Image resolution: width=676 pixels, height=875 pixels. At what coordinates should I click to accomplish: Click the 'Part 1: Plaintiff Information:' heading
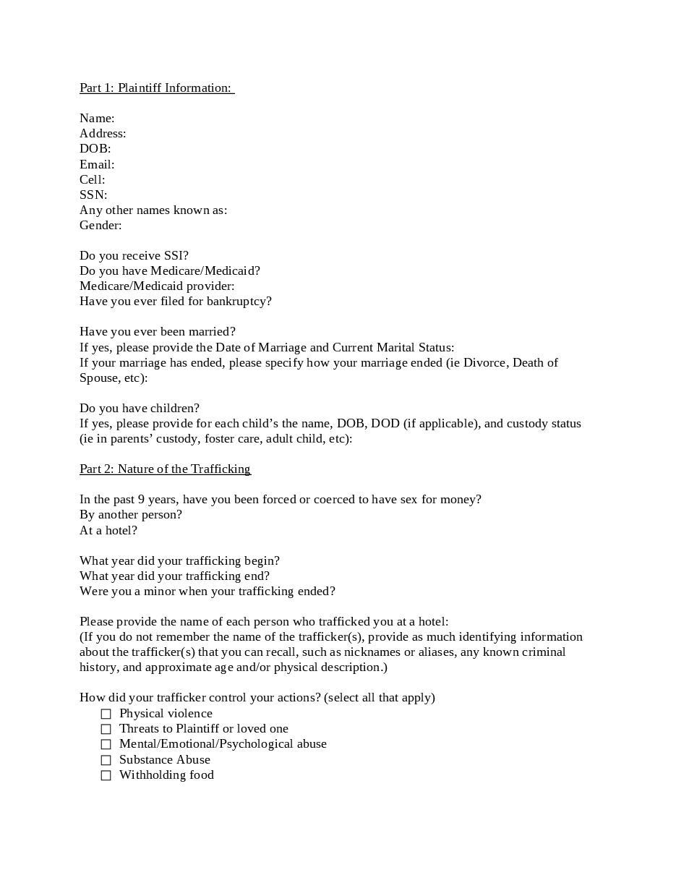156,87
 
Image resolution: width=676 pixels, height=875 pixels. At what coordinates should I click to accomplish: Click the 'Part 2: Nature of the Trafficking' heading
165,469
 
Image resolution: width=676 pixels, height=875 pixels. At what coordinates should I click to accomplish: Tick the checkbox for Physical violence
106,714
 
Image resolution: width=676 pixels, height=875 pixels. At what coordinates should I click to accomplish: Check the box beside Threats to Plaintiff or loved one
106,729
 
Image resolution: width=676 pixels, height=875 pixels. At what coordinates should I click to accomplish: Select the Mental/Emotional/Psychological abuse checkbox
106,744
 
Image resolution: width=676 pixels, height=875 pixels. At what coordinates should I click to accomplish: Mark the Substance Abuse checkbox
106,760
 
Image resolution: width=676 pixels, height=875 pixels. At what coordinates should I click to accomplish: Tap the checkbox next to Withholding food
106,775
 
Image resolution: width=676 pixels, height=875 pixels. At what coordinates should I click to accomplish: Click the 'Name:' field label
97,118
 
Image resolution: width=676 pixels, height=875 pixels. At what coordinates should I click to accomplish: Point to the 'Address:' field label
103,133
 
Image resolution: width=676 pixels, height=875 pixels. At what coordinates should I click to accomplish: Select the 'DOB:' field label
95,148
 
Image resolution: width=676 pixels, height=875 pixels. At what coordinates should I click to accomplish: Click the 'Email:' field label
97,164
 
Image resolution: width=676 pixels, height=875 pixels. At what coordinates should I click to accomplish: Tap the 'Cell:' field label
92,179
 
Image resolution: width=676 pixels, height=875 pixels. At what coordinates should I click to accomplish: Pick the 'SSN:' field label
93,195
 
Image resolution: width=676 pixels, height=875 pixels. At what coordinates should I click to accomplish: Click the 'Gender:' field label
100,225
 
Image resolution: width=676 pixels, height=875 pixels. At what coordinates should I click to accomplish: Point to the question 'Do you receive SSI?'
134,255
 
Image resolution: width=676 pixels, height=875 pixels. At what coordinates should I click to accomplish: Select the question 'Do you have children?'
140,408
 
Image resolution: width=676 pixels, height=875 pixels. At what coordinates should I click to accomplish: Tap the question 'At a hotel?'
108,530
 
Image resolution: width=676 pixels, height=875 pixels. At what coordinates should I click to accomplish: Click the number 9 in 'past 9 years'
141,499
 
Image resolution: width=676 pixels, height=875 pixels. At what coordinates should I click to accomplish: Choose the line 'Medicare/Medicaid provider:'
157,286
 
